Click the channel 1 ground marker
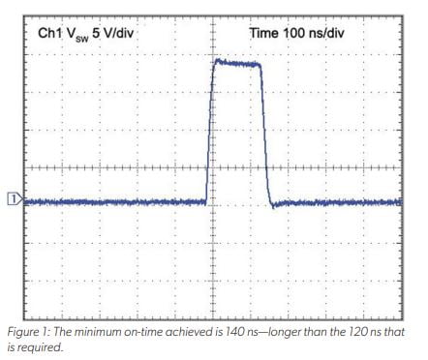[13, 200]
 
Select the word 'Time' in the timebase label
[266, 33]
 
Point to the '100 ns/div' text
[326, 33]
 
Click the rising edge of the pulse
[209, 135]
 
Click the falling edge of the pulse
[265, 135]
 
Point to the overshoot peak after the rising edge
[216, 60]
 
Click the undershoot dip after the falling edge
[273, 205]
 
